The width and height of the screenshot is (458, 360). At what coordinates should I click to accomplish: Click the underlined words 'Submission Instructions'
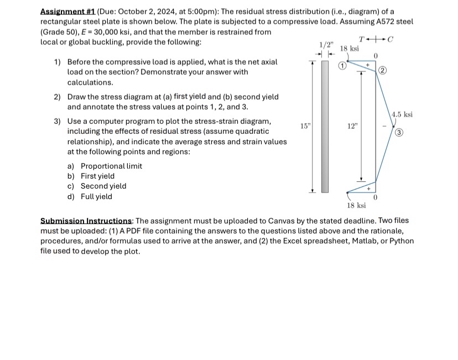point(86,221)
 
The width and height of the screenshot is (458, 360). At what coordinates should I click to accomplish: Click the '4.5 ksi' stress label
point(402,114)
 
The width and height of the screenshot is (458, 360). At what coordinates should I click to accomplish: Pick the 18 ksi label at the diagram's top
point(349,49)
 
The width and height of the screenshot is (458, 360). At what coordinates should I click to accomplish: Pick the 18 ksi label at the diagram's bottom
point(356,205)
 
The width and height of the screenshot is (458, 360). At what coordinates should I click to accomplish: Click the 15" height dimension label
point(305,126)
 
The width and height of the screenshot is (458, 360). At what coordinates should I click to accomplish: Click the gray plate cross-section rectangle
point(325,126)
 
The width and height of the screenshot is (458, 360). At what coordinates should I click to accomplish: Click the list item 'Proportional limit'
point(111,166)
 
